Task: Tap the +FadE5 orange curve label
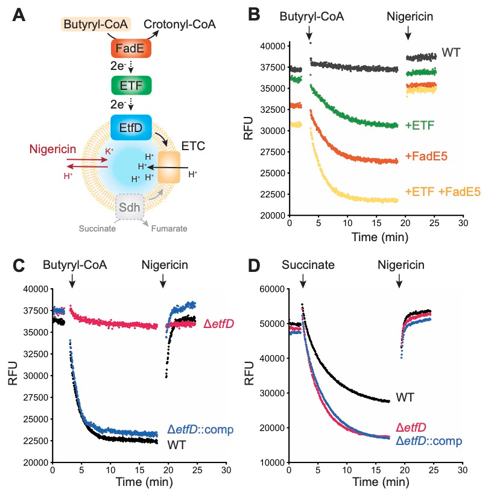430,156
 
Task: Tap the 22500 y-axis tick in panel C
34,441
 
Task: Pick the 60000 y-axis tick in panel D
270,289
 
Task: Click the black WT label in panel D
406,398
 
